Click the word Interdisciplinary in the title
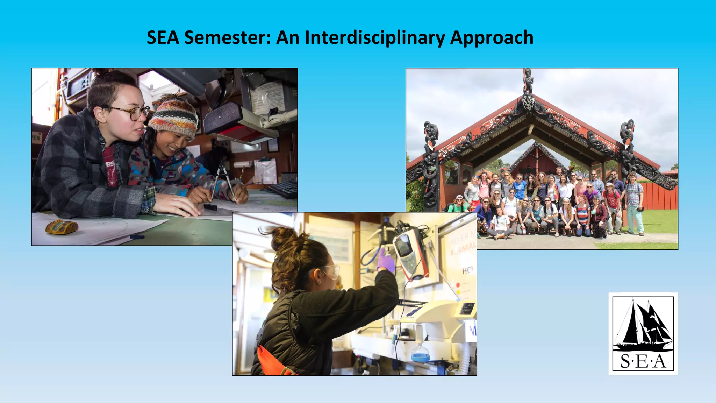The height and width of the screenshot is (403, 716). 374,37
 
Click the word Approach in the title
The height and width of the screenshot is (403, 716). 491,37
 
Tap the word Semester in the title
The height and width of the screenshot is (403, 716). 227,37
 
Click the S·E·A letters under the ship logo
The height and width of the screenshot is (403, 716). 643,361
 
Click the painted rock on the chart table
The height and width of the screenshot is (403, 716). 62,226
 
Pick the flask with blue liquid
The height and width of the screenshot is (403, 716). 420,354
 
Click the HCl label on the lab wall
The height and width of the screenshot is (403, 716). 467,270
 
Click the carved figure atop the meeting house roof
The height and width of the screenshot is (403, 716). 528,80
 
